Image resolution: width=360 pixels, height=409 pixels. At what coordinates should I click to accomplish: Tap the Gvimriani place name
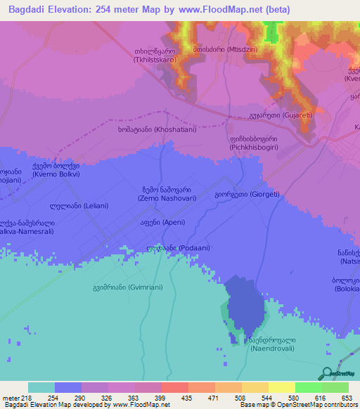[x=120, y=287]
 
